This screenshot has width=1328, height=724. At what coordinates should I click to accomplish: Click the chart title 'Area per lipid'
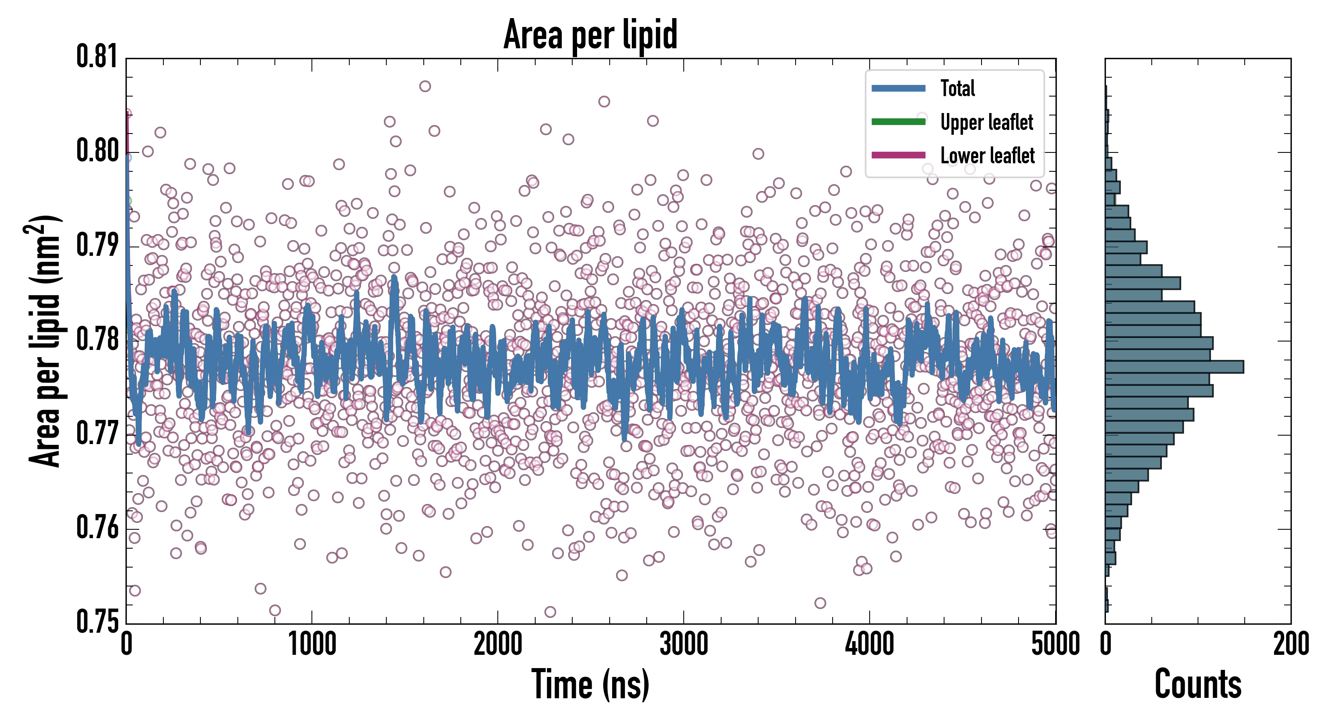click(590, 35)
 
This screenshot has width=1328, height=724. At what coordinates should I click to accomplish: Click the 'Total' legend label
click(957, 88)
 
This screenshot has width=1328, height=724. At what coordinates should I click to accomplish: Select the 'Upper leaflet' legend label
click(986, 122)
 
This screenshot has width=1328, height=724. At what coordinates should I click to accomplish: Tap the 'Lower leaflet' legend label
click(987, 155)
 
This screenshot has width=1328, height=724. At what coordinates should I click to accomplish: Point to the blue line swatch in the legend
click(898, 88)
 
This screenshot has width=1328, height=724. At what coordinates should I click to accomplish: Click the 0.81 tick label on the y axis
click(97, 57)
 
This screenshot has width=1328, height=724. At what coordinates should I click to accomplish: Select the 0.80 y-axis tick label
click(97, 151)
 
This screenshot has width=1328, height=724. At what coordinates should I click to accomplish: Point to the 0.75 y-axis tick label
click(97, 621)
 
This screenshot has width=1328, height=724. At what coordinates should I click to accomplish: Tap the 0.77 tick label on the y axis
click(97, 433)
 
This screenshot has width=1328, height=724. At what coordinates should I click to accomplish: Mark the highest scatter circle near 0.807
click(425, 86)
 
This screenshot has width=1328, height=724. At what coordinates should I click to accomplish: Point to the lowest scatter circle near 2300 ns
click(550, 612)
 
